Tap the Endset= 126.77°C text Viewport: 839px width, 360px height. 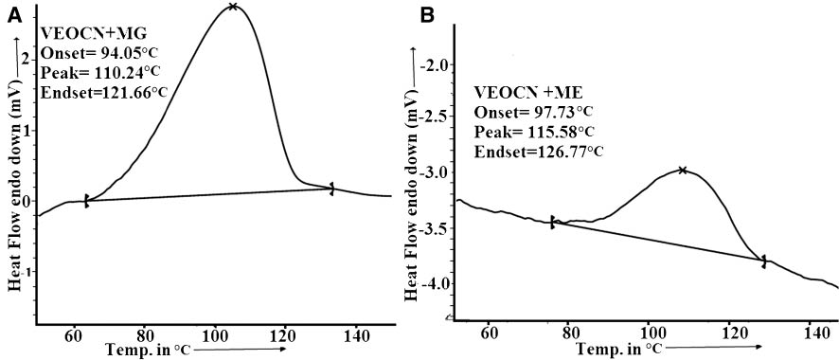[539, 151]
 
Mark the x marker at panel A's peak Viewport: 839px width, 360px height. [233, 8]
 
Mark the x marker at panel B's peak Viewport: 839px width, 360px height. [682, 171]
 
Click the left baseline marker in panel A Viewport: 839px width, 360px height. [86, 200]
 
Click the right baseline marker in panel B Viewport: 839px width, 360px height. [763, 260]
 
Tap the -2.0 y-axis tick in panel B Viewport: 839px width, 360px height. [440, 65]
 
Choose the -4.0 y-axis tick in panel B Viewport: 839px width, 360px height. [440, 283]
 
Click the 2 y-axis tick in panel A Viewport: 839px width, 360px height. [27, 59]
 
